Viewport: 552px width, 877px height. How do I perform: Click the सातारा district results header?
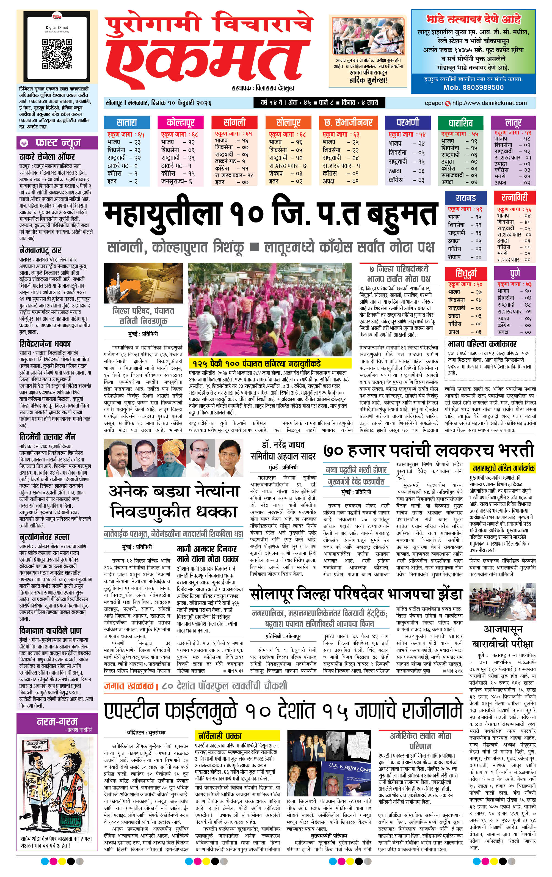[x=127, y=123]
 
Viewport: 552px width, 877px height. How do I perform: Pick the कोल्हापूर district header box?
[x=180, y=123]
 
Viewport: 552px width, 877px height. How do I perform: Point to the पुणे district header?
[x=515, y=273]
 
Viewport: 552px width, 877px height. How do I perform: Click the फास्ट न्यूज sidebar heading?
[x=57, y=143]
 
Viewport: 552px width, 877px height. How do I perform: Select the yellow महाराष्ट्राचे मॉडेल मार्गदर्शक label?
[x=503, y=468]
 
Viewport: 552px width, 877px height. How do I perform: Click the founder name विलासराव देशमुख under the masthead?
[x=275, y=88]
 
